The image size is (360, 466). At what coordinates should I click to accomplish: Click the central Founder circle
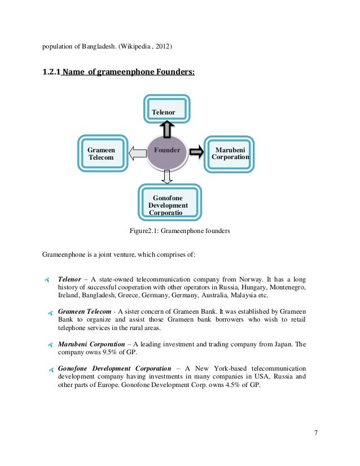pos(166,151)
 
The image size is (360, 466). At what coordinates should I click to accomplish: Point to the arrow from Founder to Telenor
pos(167,129)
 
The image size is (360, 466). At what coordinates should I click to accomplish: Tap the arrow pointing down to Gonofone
pos(166,176)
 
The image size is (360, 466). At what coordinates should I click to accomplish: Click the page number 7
pos(316,433)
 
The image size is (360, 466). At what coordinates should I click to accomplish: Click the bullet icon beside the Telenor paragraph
pos(47,279)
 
